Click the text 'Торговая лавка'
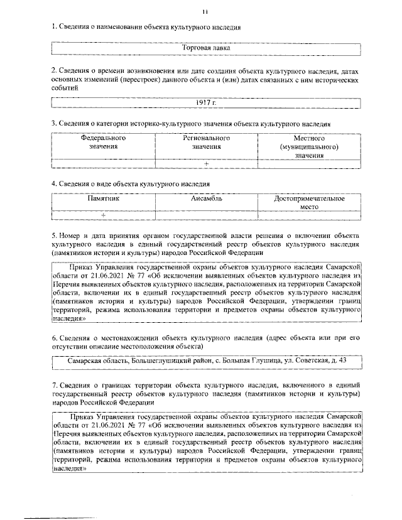pyautogui.click(x=206, y=48)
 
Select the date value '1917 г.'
pyautogui.click(x=205, y=102)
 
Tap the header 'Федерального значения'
pyautogui.click(x=103, y=142)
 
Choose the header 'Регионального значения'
pyautogui.click(x=206, y=142)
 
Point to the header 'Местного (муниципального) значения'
pyautogui.click(x=309, y=146)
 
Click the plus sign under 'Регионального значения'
pyautogui.click(x=206, y=164)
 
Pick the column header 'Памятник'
pyautogui.click(x=103, y=198)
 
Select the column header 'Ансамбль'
pyautogui.click(x=206, y=198)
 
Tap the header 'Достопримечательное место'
pyautogui.click(x=309, y=202)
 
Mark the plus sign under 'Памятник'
pyautogui.click(x=103, y=215)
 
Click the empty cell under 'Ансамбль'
pyautogui.click(x=206, y=215)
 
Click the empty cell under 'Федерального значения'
pyautogui.click(x=103, y=164)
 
